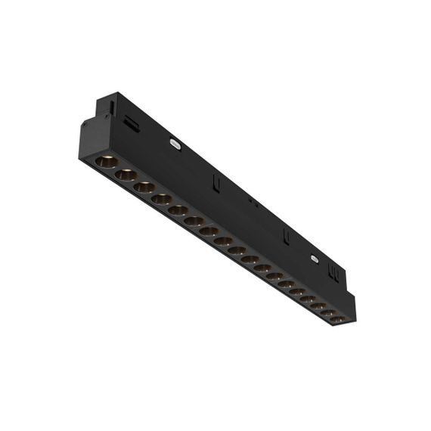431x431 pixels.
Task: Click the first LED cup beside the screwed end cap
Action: [106, 161]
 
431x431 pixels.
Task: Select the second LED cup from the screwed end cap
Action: [126, 175]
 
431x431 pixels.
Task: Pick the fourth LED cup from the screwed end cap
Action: [161, 199]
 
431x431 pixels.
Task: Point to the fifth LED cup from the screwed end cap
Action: [178, 210]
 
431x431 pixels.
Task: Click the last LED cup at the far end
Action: [337, 319]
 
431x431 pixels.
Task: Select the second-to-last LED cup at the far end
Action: [327, 312]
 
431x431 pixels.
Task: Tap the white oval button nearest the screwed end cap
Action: [176, 141]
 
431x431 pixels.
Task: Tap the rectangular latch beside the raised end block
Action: [132, 122]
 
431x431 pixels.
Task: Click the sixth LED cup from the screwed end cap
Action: [194, 221]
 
